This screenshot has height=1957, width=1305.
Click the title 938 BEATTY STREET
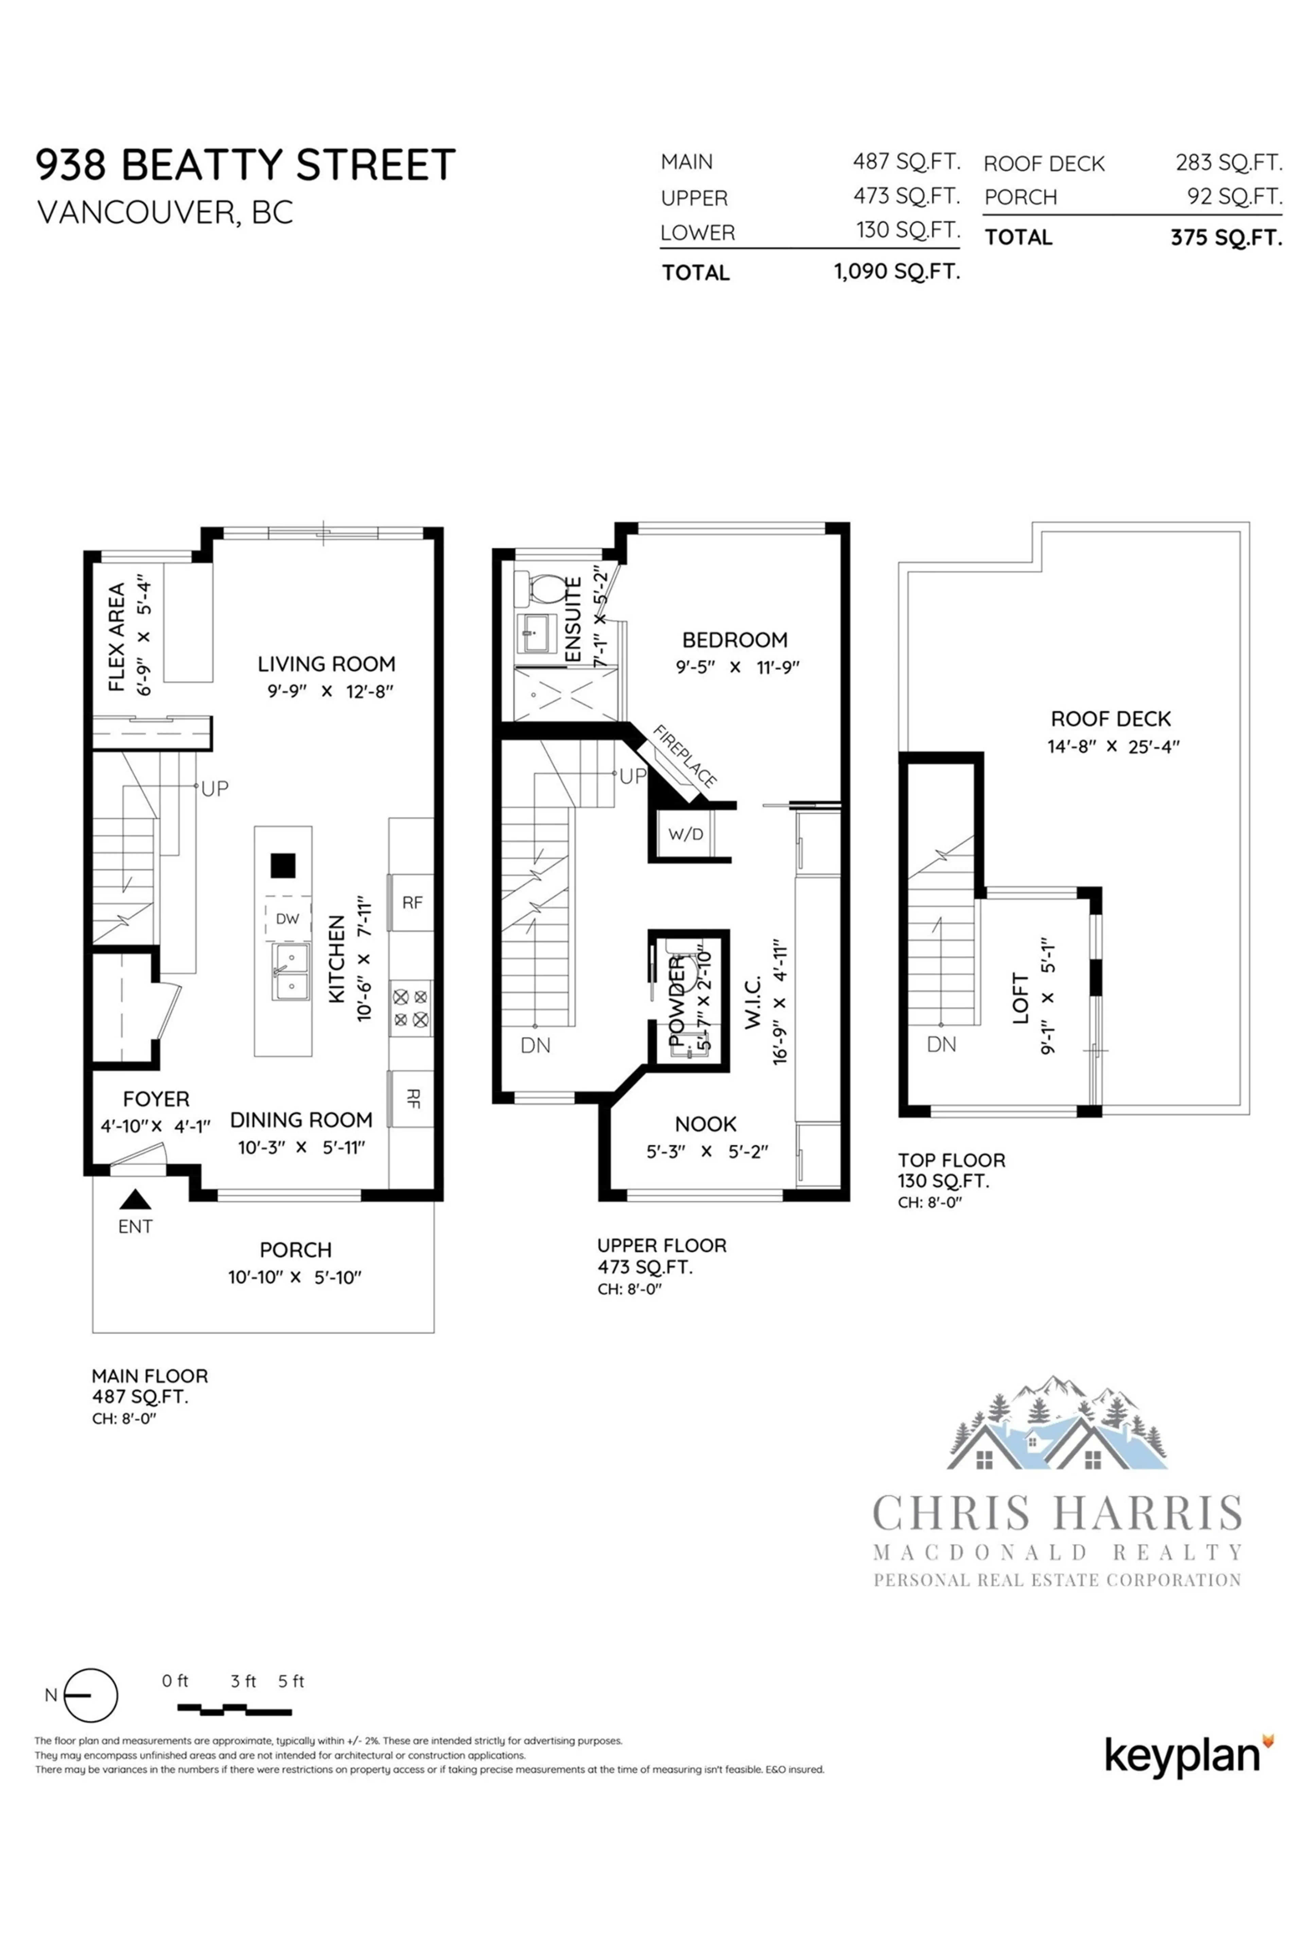(x=245, y=165)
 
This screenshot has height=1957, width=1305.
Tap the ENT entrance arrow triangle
(x=135, y=1199)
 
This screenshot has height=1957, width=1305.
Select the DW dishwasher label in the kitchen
(x=287, y=919)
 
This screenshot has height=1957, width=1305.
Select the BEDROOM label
(x=734, y=640)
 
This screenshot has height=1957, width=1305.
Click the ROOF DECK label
(x=1110, y=719)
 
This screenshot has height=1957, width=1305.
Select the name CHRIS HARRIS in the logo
(x=1057, y=1513)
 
